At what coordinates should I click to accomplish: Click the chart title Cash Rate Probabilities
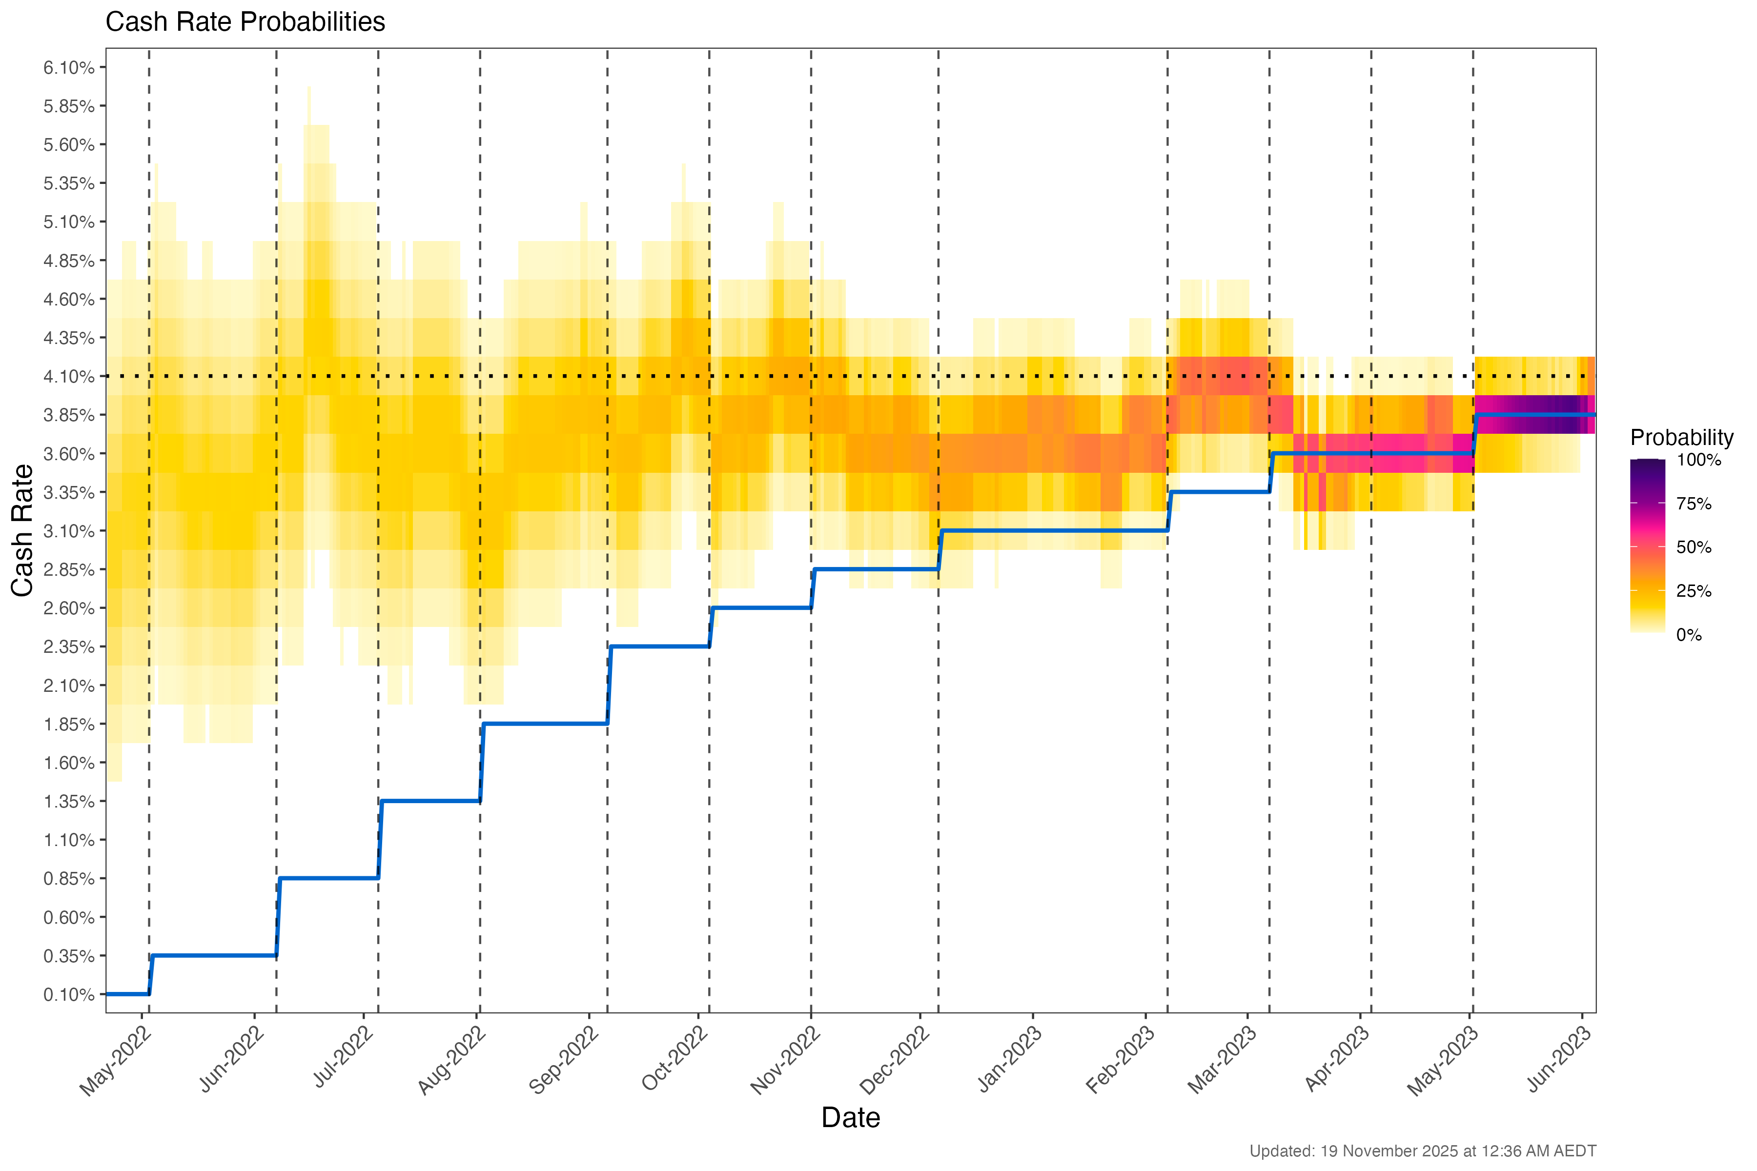point(245,22)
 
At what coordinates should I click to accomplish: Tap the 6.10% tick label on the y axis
point(69,68)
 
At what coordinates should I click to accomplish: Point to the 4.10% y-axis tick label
point(69,376)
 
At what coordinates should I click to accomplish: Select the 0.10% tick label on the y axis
point(69,995)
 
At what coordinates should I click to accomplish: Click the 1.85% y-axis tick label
point(69,725)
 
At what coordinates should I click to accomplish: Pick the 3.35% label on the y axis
point(69,493)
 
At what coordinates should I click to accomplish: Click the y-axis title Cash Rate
point(22,530)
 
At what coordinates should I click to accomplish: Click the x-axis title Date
point(850,1118)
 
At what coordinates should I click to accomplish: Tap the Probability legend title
point(1681,438)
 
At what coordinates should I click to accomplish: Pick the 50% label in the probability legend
point(1694,547)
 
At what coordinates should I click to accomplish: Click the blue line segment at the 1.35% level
point(430,801)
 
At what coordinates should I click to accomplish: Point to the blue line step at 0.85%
point(328,878)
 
